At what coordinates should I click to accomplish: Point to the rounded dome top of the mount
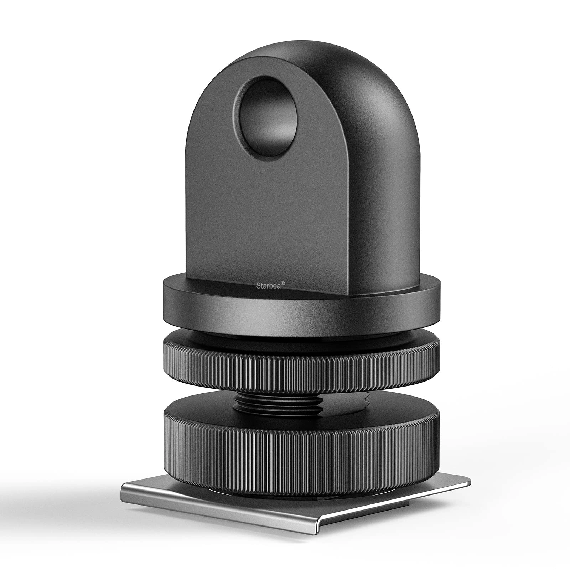click(321, 61)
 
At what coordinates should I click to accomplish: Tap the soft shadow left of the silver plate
click(71, 499)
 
